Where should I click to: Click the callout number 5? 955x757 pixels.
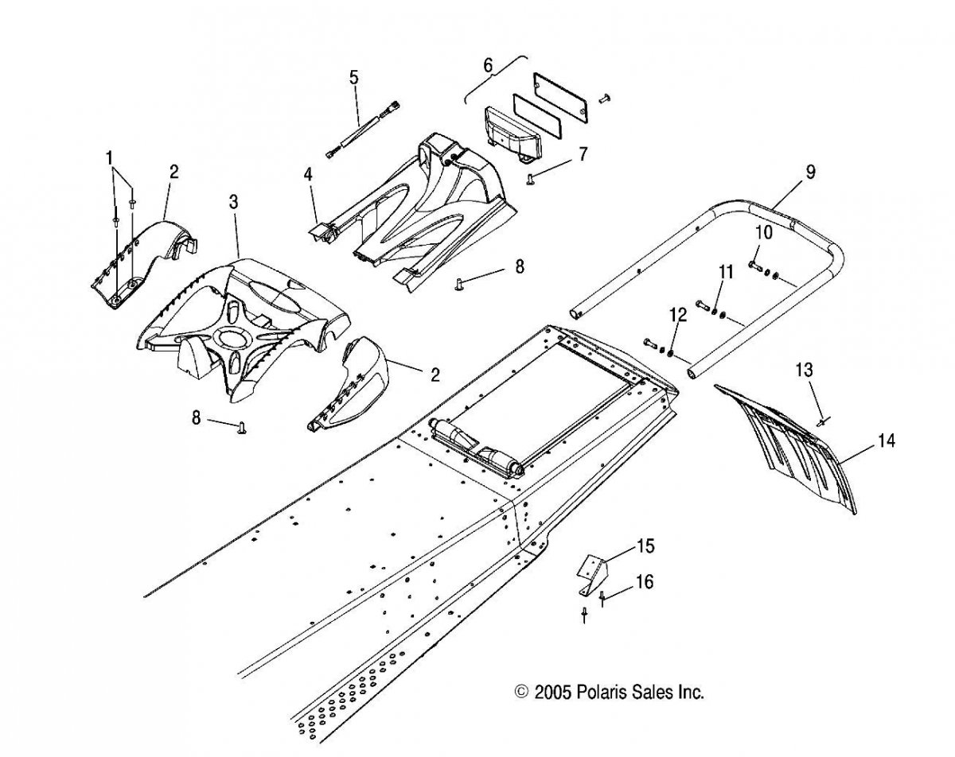(353, 77)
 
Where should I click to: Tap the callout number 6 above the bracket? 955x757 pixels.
(488, 66)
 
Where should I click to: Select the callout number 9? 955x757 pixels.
(810, 172)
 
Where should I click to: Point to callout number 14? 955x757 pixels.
(885, 441)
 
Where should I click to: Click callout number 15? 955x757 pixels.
(645, 546)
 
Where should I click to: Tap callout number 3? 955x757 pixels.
(233, 202)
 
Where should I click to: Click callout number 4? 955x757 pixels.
(307, 174)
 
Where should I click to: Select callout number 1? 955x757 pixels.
(109, 157)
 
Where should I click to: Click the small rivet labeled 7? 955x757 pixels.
(529, 179)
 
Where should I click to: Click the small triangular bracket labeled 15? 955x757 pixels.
(592, 573)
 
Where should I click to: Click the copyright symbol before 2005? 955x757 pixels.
(521, 691)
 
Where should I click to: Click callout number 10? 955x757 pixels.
(764, 232)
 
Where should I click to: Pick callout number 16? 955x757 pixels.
(645, 581)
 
